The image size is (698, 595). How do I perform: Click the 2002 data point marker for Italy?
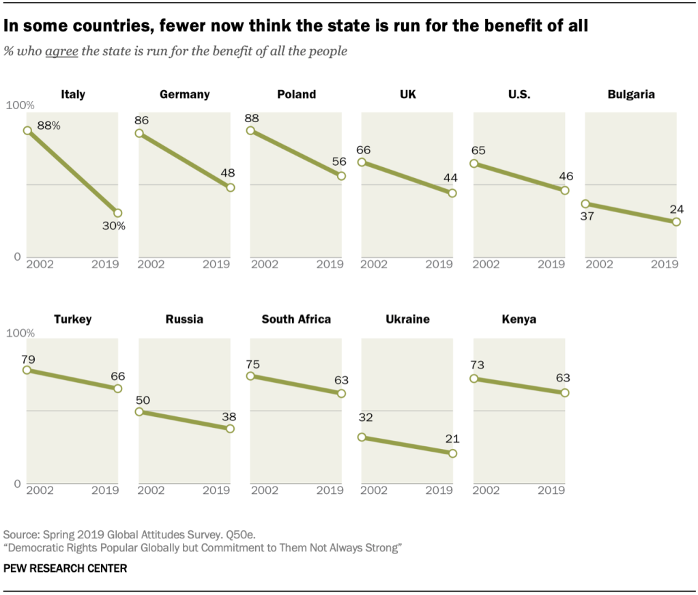27,130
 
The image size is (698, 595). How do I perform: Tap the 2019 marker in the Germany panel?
230,188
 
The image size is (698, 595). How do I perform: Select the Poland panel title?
296,95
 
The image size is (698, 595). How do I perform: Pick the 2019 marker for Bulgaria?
675,222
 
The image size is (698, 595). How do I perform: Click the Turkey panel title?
73,319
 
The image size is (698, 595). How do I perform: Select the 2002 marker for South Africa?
250,376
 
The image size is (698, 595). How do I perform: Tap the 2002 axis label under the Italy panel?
39,264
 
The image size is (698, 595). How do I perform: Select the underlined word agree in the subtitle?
61,52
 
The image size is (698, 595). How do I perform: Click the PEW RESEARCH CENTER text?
66,568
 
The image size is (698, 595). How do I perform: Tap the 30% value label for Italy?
114,226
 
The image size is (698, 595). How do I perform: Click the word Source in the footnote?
20,534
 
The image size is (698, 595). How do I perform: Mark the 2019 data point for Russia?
230,429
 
